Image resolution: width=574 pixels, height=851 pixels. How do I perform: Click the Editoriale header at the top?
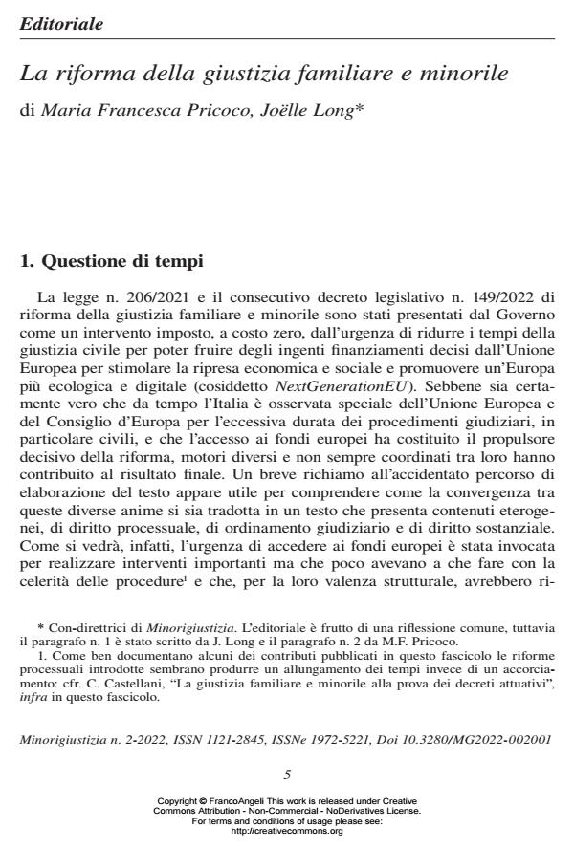click(x=61, y=23)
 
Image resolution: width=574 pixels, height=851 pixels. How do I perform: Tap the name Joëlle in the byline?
click(x=283, y=110)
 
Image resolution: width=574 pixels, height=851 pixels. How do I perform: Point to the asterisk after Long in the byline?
click(x=358, y=108)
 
